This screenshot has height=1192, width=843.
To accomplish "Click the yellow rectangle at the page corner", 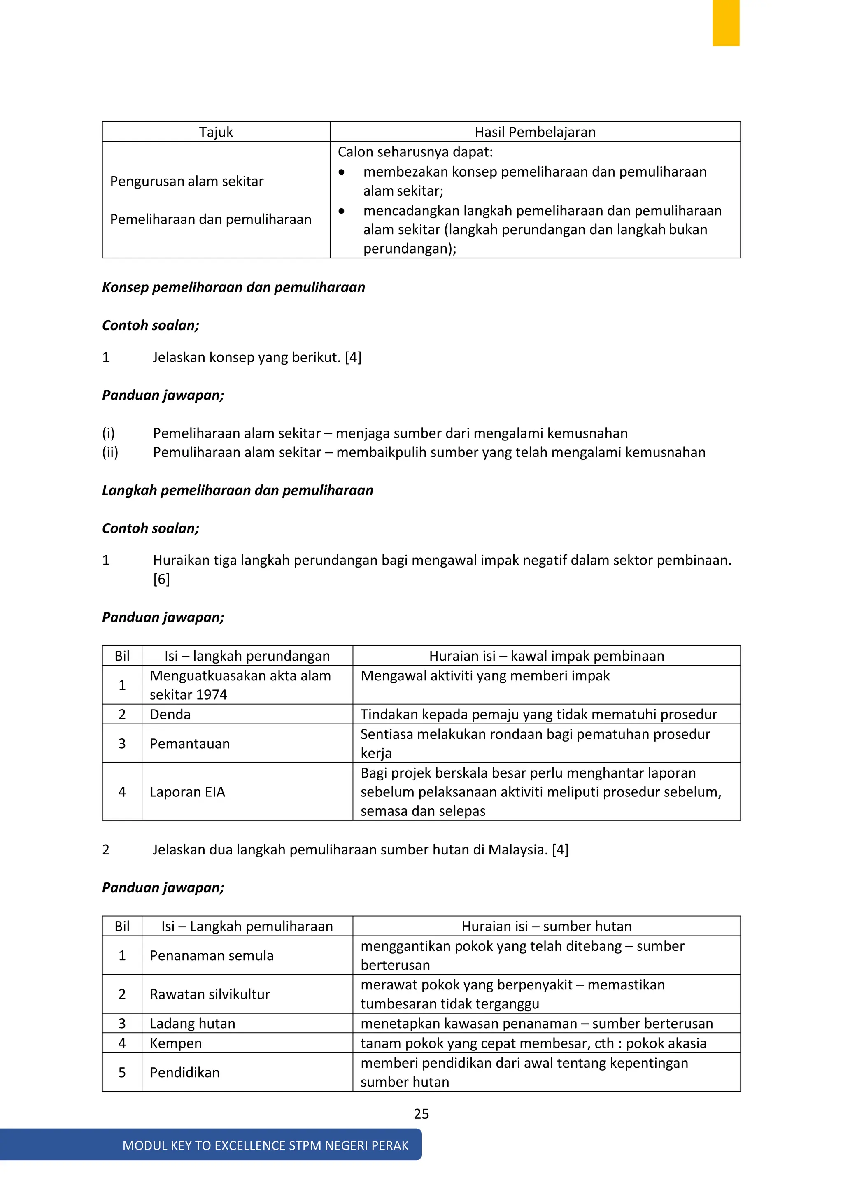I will point(725,23).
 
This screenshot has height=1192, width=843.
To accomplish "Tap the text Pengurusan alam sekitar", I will point(187,181).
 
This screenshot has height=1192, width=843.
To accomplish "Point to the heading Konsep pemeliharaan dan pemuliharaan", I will point(233,287).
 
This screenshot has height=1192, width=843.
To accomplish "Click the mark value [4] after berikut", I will point(353,357).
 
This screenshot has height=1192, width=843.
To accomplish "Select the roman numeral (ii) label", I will point(110,452).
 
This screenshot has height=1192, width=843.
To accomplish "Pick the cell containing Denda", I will point(170,715).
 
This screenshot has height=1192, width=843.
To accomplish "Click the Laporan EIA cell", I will point(187,792).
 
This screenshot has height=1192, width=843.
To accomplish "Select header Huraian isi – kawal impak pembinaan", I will point(546,656).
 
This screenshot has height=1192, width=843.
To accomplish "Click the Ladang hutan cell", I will point(193,1023).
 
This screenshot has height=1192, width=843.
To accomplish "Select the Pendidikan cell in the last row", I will point(185,1072).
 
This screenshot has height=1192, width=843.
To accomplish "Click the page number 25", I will point(421,1114).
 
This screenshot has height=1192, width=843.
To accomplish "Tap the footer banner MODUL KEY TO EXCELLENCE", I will point(265,1145).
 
